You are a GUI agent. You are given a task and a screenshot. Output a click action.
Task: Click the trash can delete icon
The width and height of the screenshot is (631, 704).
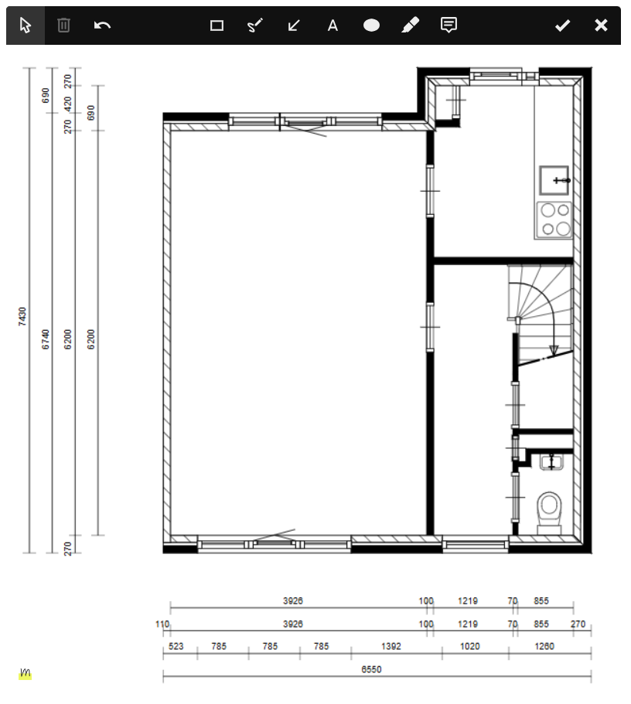click(64, 26)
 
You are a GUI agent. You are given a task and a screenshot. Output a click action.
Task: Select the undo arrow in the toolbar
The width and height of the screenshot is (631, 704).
click(102, 26)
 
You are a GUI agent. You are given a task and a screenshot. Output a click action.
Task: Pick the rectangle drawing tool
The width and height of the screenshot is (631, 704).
click(217, 26)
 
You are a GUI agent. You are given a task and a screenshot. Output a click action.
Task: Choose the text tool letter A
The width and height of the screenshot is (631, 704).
click(333, 26)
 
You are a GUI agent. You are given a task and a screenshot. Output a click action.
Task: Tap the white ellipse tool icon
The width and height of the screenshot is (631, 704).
click(371, 26)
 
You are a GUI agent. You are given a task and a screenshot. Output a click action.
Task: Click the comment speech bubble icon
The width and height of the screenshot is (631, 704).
click(449, 25)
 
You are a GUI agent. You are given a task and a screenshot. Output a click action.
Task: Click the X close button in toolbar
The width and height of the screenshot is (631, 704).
click(601, 26)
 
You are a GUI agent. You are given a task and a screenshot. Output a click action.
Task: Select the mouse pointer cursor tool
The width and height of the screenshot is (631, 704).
click(26, 26)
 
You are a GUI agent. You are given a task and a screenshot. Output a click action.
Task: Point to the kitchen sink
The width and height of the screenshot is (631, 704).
click(554, 181)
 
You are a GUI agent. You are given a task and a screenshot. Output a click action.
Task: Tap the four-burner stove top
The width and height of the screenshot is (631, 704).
click(554, 219)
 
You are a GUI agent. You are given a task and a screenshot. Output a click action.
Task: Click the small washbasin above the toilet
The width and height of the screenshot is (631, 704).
click(551, 462)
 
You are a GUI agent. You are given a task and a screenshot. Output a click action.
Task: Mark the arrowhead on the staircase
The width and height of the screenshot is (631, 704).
click(553, 350)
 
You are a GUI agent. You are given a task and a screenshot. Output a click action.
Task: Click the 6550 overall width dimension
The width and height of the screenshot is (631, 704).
click(371, 669)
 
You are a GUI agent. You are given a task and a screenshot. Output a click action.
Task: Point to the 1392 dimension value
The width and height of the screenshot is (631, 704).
click(391, 646)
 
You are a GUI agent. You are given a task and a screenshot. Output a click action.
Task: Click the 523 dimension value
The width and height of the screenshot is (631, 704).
click(176, 646)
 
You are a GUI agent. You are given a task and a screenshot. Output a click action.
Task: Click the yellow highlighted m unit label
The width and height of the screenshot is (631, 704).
click(25, 673)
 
